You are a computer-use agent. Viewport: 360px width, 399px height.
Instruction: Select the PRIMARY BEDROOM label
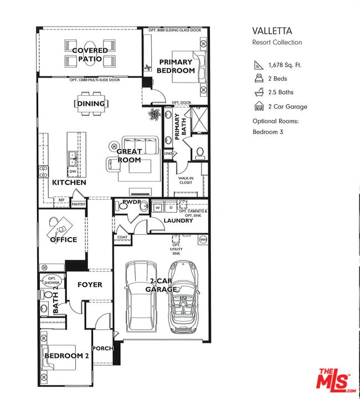pyautogui.click(x=176, y=66)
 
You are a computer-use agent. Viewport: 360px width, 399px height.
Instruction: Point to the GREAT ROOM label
pyautogui.click(x=129, y=156)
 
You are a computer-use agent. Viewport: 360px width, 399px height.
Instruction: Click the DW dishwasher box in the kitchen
pyautogui.click(x=73, y=172)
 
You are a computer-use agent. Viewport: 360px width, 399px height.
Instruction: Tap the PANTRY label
pyautogui.click(x=78, y=204)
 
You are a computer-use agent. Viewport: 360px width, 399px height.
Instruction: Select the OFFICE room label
pyautogui.click(x=63, y=240)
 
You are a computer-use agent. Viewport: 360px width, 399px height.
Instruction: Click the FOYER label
pyautogui.click(x=90, y=285)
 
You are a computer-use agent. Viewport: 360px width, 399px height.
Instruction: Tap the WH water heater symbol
pyautogui.click(x=203, y=239)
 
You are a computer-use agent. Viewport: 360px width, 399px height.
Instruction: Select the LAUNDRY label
pyautogui.click(x=178, y=221)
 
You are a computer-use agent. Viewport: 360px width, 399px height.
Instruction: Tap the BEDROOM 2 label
pyautogui.click(x=66, y=356)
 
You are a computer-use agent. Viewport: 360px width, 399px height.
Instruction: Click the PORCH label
pyautogui.click(x=104, y=349)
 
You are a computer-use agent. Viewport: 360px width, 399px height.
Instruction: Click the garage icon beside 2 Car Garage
pyautogui.click(x=258, y=106)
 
